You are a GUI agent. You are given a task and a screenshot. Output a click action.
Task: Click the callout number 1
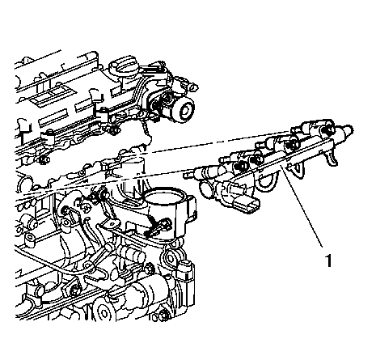[328, 260]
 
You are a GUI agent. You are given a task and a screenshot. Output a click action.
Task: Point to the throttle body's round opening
[163, 196]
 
